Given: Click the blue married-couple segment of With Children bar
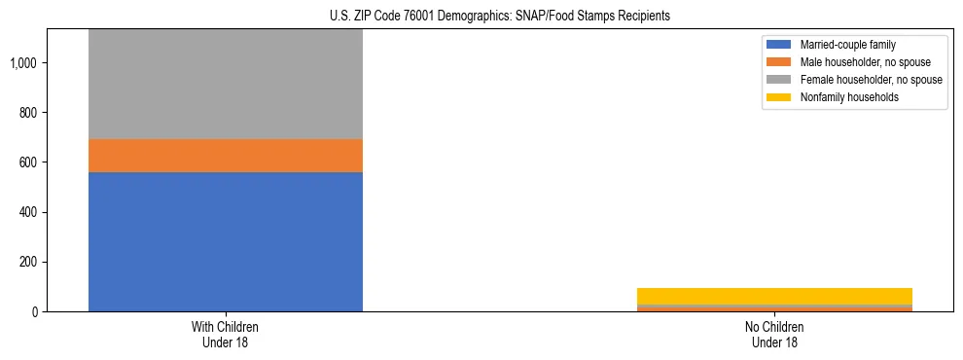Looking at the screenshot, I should (x=225, y=241).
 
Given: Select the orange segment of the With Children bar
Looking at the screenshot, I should (x=225, y=156).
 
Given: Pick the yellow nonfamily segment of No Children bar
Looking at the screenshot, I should (x=774, y=296).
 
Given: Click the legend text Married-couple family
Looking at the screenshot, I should (x=847, y=45).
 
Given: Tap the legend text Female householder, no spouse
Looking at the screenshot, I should (x=871, y=80).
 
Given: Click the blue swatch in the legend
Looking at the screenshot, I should (x=779, y=45).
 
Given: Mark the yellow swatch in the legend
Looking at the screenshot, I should (x=779, y=97).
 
